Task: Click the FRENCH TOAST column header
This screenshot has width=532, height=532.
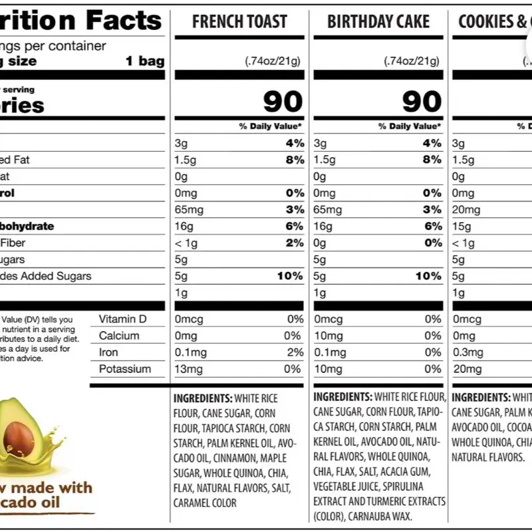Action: [239, 21]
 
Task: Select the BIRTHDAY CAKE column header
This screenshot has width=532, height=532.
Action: [378, 21]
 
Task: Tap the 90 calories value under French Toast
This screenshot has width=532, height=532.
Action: [283, 102]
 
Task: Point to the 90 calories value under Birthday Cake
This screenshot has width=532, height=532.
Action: [422, 102]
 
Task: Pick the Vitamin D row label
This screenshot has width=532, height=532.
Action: [122, 319]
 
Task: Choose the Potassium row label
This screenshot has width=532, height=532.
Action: [125, 369]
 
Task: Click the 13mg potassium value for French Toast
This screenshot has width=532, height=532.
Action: [188, 369]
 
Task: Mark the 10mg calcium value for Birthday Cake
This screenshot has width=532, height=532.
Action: [327, 336]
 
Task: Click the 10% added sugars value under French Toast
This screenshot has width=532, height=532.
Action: [290, 276]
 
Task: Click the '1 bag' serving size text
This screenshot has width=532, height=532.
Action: [145, 61]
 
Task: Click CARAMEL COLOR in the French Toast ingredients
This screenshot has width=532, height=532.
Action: [205, 503]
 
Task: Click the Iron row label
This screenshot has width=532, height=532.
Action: [108, 352]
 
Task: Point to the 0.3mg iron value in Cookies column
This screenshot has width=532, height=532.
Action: [467, 352]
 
